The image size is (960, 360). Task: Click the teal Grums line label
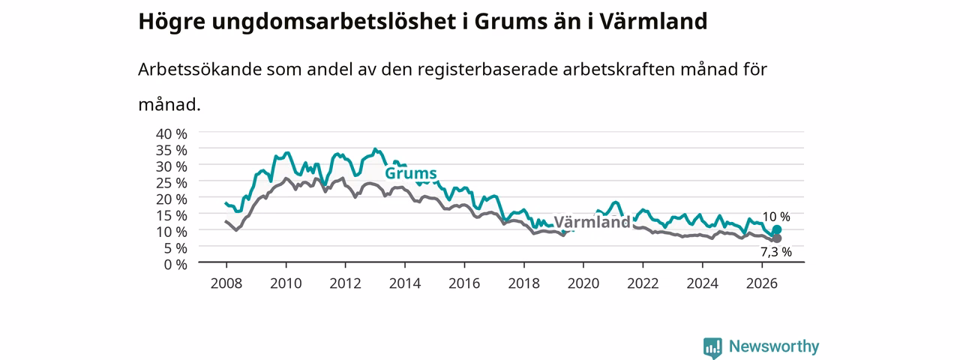[410, 173]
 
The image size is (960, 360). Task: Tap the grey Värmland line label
[592, 222]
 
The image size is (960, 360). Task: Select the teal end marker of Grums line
[776, 229]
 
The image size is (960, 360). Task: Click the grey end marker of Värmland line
[776, 238]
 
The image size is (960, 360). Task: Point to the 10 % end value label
[775, 217]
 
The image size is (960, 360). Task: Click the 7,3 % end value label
[776, 252]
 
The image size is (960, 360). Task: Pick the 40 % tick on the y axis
[172, 133]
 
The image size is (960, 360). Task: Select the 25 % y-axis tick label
[172, 183]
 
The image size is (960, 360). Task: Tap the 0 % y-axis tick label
[175, 265]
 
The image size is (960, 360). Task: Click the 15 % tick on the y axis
[172, 215]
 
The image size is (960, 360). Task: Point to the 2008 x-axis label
[226, 283]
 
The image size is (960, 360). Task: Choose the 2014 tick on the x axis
[404, 283]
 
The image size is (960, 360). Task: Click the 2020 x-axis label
[583, 283]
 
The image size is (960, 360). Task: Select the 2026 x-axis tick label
[762, 283]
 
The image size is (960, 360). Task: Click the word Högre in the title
[172, 22]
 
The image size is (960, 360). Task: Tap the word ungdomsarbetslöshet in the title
[334, 22]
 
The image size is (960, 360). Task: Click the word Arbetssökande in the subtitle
[199, 70]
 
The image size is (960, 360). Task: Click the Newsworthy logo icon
[712, 348]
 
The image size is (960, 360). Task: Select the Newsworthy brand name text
[774, 346]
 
